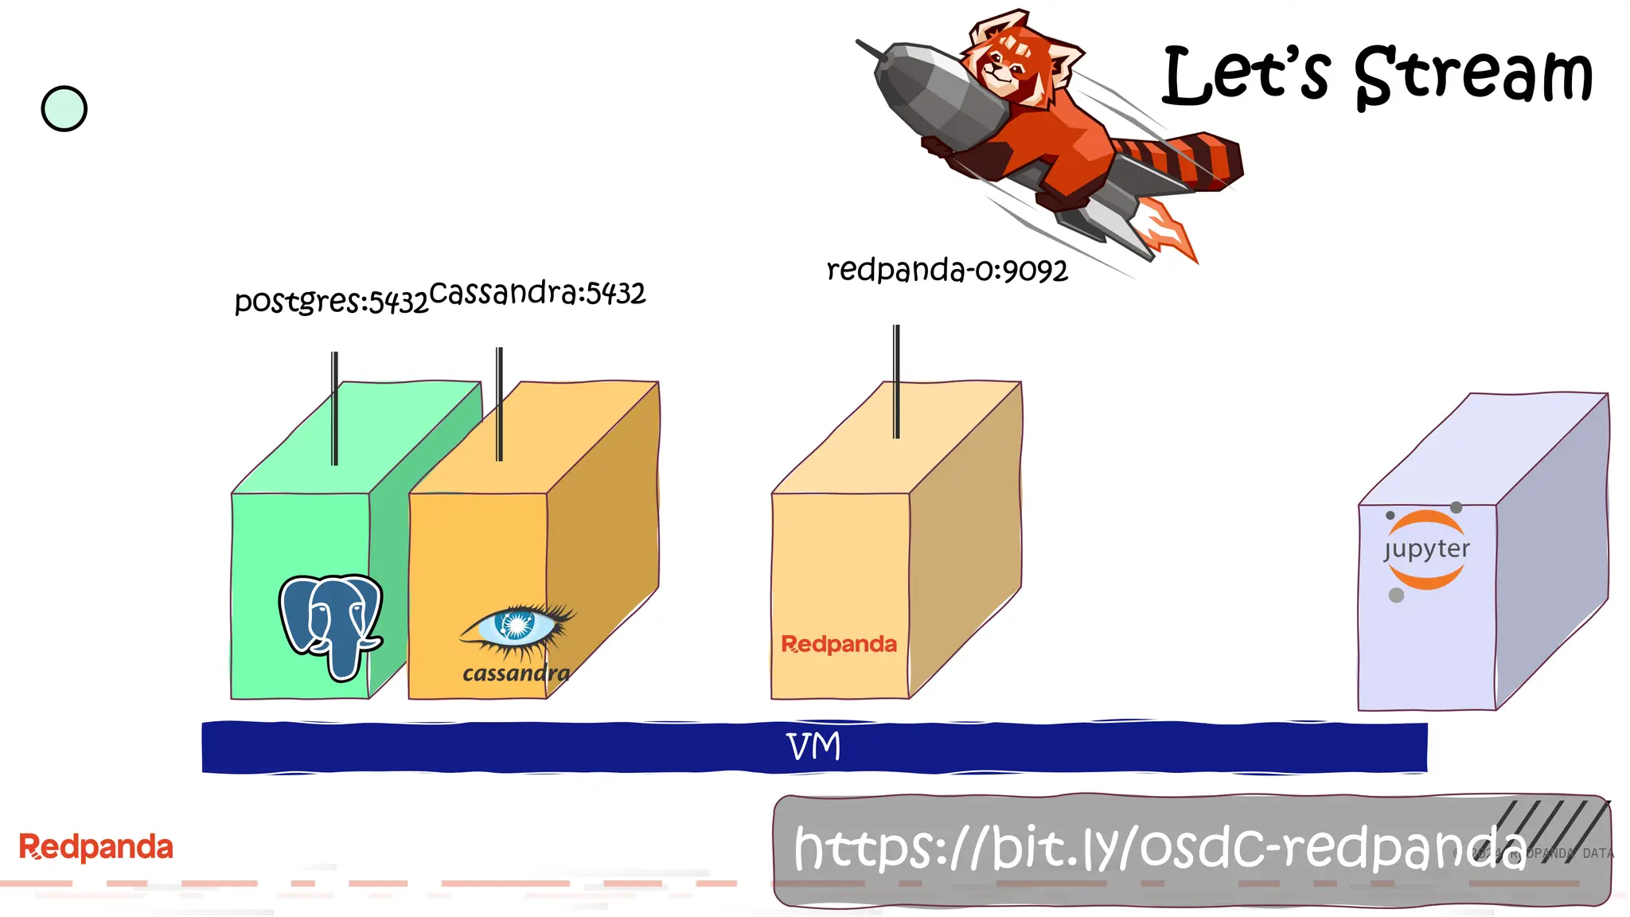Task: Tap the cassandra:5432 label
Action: point(537,294)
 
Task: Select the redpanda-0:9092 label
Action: point(946,271)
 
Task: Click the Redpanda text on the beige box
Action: point(839,644)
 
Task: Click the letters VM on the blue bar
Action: point(813,747)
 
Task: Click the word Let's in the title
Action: point(1246,76)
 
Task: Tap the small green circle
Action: point(64,109)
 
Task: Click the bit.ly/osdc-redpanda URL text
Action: point(1158,849)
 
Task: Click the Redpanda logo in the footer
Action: point(96,847)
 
